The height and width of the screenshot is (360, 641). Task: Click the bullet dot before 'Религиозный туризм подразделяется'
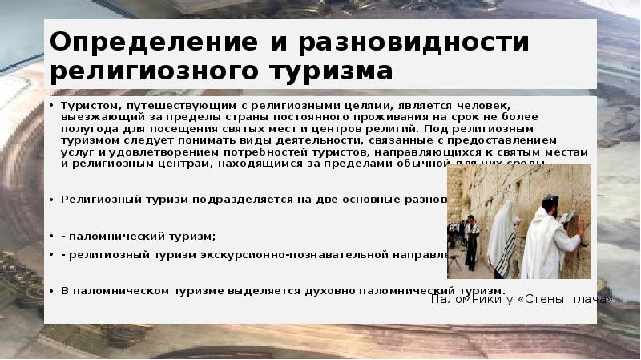(x=54, y=199)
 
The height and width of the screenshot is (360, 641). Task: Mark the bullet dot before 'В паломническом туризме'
(x=54, y=290)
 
